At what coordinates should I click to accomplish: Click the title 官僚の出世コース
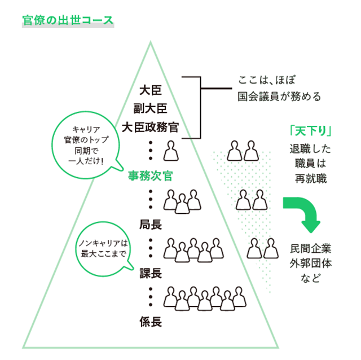pos(68,21)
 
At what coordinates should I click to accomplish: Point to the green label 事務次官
pos(149,175)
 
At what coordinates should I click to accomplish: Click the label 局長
pos(151,225)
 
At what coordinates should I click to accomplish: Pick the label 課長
pos(151,274)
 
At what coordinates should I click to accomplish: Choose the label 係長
pos(151,322)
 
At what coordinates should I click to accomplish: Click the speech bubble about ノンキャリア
pos(103,248)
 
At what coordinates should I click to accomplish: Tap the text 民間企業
pos(311,248)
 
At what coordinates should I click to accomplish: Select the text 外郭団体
pos(311,263)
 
